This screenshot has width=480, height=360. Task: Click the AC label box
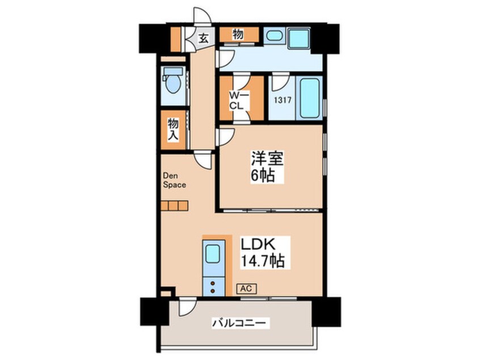pos(246,288)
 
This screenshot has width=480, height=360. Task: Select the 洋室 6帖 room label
pos(267,168)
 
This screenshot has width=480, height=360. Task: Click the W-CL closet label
pos(239,101)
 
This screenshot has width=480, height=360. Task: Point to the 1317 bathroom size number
pos(282,100)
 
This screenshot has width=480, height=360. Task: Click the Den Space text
pos(174,181)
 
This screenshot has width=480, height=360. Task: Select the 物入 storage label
pos(173,130)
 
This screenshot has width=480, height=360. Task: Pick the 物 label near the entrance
pos(238,35)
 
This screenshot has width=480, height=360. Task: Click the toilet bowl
pos(173,82)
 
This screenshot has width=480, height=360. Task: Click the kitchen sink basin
pos(213,254)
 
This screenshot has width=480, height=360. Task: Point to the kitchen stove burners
pos(212,287)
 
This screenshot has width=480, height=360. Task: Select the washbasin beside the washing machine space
pos(273,36)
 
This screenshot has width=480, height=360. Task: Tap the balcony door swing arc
pos(187,307)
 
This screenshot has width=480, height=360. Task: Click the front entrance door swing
pos(203,15)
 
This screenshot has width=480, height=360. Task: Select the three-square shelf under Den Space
pos(174,206)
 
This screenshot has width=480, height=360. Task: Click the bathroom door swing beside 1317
pos(281,82)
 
